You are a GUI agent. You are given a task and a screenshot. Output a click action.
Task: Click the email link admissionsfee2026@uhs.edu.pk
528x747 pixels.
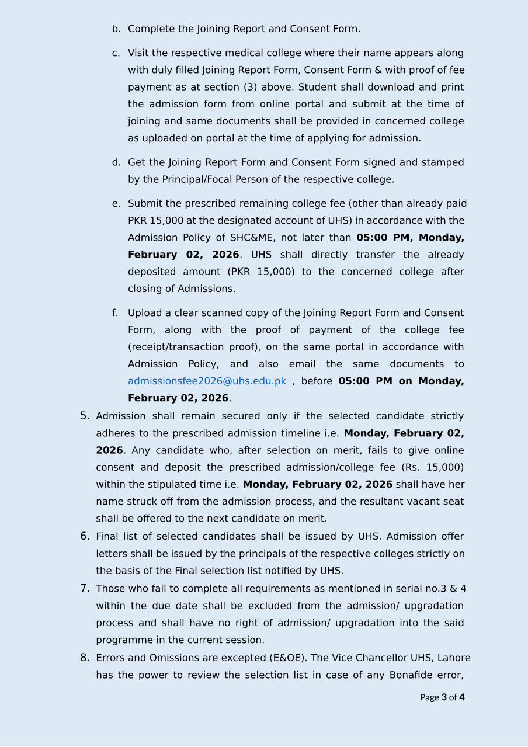point(207,381)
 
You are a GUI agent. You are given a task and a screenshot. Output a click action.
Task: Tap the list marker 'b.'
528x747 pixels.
point(116,29)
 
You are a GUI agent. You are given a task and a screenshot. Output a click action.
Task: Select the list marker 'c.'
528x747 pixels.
point(116,53)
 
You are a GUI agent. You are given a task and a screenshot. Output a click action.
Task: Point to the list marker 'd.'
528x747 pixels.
point(116,162)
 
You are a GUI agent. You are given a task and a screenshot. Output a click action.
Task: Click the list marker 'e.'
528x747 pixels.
point(116,204)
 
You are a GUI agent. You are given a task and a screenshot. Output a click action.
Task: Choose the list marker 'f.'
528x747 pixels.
point(115,313)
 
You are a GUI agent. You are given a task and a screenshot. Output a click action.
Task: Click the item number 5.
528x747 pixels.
point(85,416)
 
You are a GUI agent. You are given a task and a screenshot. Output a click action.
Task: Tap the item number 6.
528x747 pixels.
point(85,536)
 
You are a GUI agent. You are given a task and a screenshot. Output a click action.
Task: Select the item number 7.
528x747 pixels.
point(85,588)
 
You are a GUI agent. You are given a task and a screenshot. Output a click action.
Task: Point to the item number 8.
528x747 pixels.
point(85,658)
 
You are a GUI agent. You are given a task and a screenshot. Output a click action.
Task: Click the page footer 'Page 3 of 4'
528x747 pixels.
point(442,697)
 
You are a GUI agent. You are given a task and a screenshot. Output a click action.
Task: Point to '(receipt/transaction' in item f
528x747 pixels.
point(175,347)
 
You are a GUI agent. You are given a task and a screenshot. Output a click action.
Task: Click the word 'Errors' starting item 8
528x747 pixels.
point(111,658)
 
